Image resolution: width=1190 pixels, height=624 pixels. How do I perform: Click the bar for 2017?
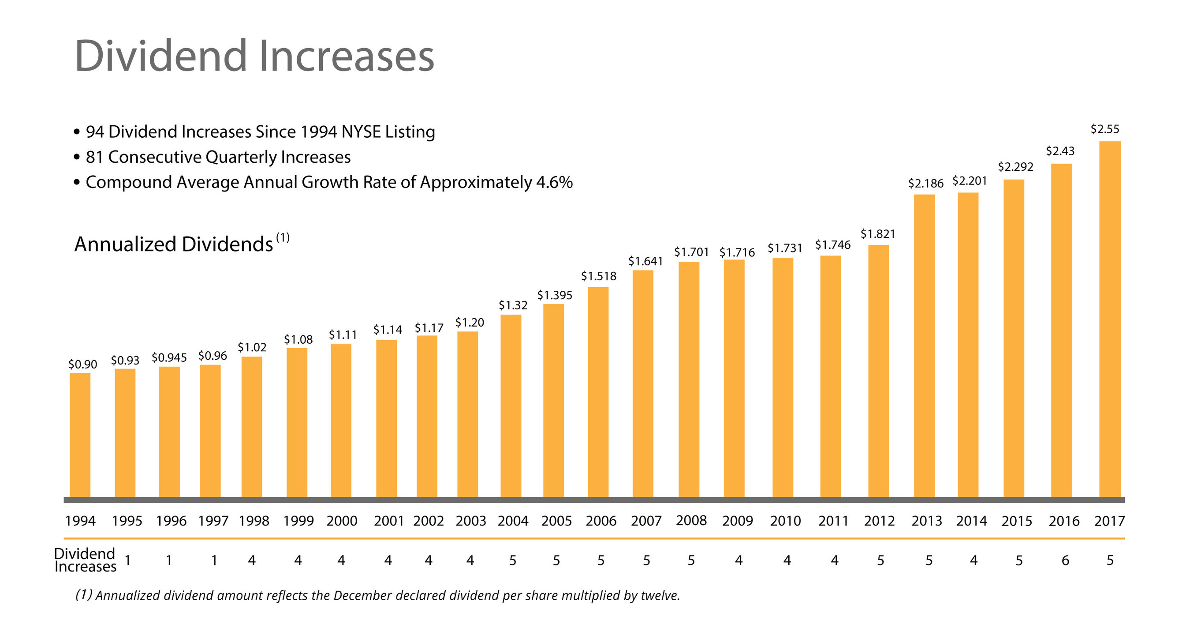[1110, 319]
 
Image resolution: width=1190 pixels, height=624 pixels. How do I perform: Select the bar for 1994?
[80, 435]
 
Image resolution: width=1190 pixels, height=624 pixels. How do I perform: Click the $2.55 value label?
[1104, 129]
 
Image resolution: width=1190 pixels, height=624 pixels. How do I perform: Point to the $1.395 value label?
[554, 295]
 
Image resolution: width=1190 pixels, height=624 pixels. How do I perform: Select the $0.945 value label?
[169, 357]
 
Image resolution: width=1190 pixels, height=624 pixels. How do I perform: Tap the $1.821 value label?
[878, 234]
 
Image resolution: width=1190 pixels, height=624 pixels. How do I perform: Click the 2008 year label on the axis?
[691, 520]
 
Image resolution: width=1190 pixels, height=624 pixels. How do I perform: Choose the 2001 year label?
[388, 521]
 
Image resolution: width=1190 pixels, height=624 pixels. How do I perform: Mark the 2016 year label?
[1064, 521]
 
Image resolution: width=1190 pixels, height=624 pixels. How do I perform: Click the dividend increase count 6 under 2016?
[1065, 560]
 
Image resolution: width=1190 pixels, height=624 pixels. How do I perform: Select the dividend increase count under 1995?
[169, 560]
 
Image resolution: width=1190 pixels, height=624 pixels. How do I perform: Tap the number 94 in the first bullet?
[95, 132]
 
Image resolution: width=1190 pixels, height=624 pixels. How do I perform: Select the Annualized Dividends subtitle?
[174, 244]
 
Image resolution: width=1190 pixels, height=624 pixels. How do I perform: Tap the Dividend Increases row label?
[85, 560]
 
